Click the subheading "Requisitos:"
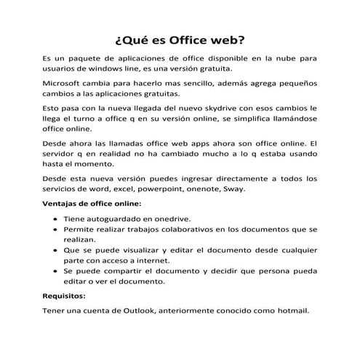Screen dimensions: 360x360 [64, 296]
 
